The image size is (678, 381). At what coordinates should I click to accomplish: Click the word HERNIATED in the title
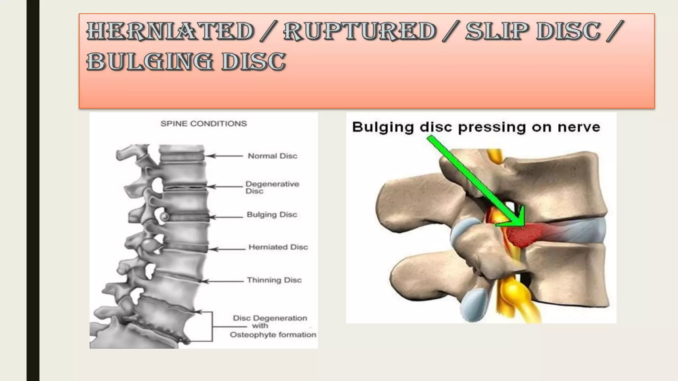coord(170,31)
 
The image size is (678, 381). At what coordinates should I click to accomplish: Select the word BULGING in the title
coord(149,62)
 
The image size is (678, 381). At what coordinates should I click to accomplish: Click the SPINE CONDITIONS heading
coord(204,124)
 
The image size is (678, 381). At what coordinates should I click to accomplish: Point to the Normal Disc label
coord(272,156)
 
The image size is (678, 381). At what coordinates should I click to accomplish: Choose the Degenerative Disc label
coord(272,187)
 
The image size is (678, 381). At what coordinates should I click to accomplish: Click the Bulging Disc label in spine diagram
coord(272,215)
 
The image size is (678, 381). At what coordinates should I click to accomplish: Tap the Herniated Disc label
coord(278,247)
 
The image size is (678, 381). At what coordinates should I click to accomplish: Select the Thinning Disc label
coord(274,280)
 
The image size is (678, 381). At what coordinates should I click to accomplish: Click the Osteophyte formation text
coord(273,335)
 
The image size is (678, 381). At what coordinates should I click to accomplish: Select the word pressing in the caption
coord(492,128)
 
